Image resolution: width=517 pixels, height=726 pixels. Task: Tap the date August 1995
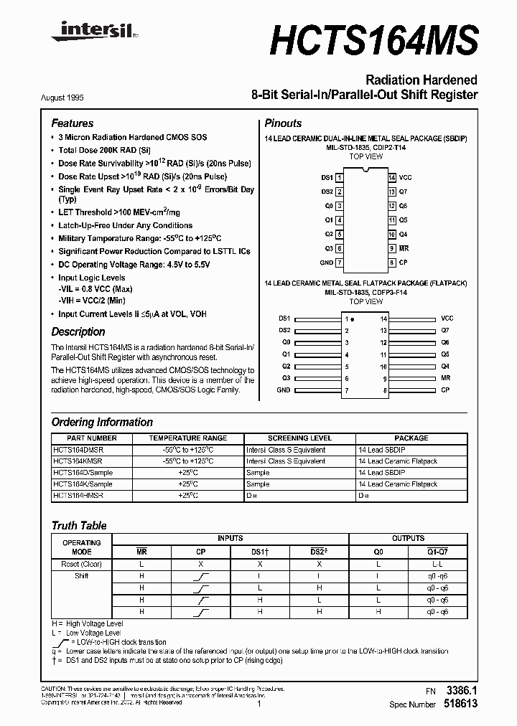point(73,96)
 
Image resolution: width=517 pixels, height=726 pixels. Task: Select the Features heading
point(72,123)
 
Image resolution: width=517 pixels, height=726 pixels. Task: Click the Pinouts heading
point(283,123)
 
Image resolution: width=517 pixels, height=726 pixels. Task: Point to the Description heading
point(78,332)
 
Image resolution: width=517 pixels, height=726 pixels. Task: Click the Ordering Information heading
point(102,423)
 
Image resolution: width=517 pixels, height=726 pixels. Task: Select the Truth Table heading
point(78,526)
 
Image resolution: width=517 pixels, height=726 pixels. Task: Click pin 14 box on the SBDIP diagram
point(391,177)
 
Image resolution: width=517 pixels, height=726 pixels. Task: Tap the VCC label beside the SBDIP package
point(406,177)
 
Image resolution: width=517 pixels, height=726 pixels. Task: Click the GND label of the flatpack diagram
point(283,390)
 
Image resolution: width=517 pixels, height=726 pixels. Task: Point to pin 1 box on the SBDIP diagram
point(340,177)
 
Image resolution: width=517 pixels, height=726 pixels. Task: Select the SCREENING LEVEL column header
point(299,438)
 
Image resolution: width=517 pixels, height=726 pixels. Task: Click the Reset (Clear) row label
point(81,565)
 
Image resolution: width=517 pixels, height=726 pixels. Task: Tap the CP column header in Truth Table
point(201,551)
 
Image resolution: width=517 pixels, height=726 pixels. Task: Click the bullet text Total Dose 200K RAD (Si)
point(104,150)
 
